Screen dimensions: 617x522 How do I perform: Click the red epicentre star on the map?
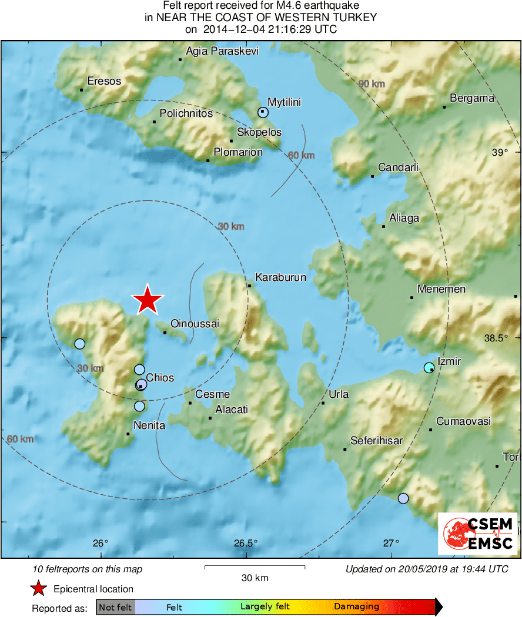(147, 300)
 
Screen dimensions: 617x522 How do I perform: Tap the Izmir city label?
(449, 361)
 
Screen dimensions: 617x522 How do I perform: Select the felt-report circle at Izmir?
(429, 368)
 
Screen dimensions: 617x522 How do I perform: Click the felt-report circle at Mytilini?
(263, 112)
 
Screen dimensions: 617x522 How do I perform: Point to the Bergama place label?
(472, 98)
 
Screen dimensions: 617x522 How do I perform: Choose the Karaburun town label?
(280, 277)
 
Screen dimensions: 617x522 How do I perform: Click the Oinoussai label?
(194, 324)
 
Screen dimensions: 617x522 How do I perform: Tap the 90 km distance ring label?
(372, 84)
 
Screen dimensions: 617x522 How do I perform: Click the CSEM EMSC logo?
(477, 534)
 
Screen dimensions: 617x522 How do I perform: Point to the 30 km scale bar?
(255, 567)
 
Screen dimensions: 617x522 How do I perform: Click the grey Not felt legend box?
(115, 606)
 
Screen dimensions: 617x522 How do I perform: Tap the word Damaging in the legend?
(356, 606)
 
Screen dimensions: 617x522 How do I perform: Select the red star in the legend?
(39, 588)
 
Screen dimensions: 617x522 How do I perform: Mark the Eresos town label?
(104, 81)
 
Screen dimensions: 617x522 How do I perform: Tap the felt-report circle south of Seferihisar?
(403, 498)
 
